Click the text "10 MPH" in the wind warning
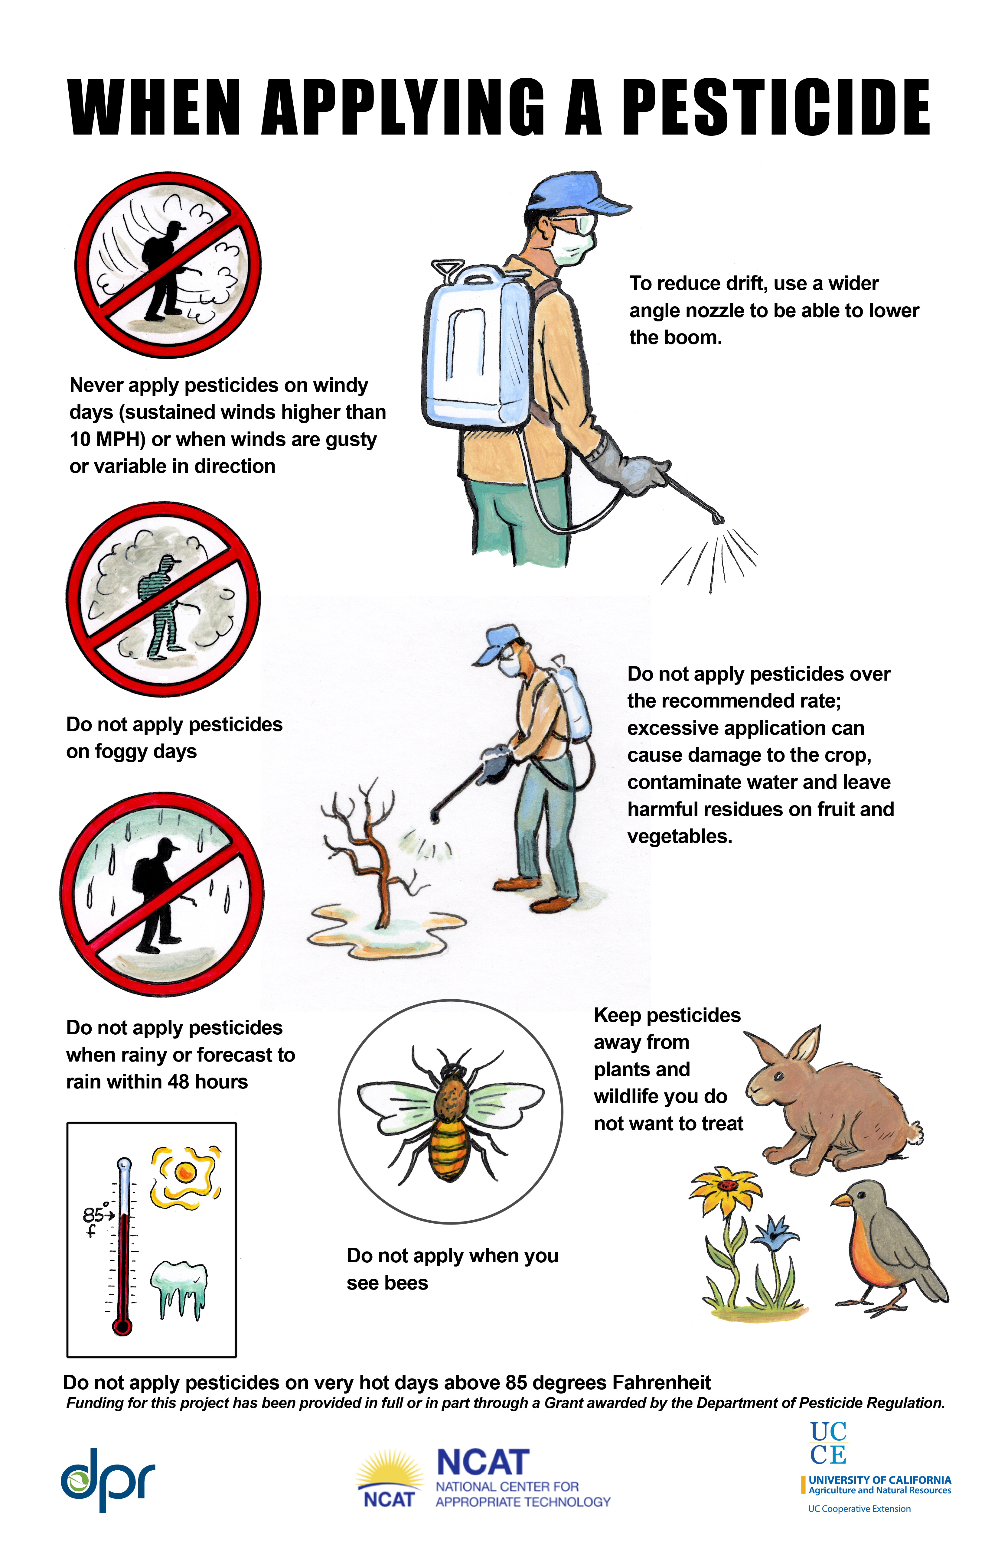[107, 439]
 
